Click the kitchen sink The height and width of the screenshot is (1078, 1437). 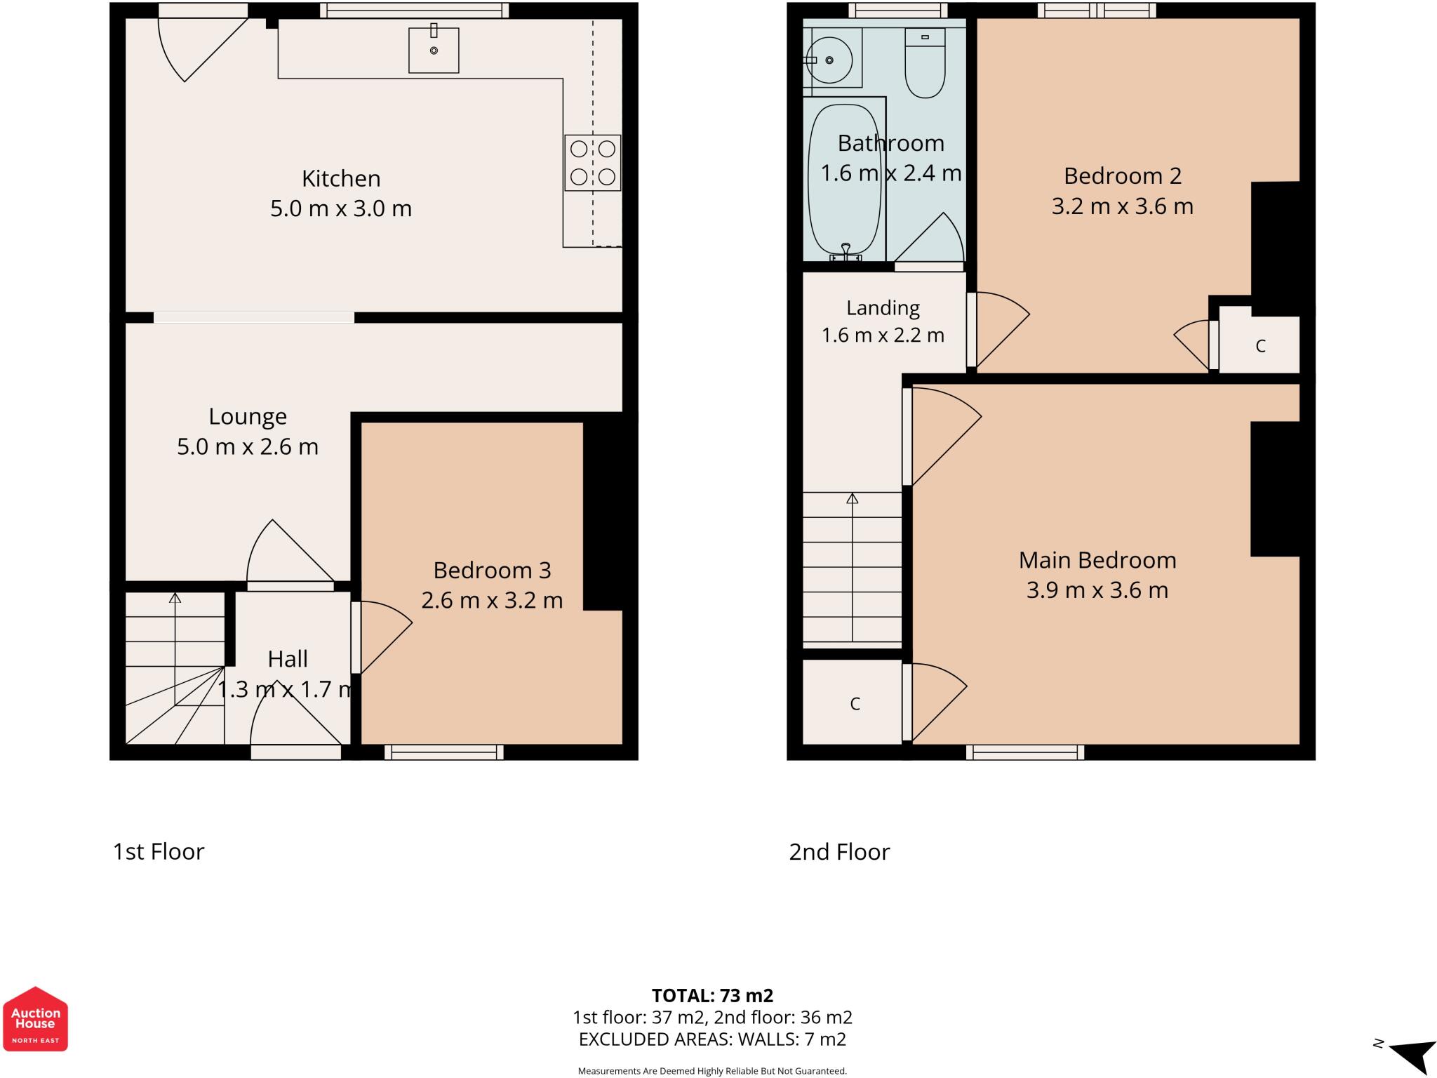tap(434, 50)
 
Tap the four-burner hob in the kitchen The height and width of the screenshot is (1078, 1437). tap(592, 163)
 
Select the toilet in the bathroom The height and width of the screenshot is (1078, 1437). tap(925, 62)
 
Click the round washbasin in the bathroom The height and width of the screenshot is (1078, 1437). tap(829, 60)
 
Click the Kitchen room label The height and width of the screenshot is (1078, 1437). tap(341, 178)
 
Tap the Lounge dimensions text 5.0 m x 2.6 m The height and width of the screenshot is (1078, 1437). tap(248, 446)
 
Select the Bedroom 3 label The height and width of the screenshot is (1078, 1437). tap(492, 570)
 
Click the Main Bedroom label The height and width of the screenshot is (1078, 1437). tap(1097, 560)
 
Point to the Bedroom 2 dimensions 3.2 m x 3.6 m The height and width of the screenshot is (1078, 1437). tap(1123, 206)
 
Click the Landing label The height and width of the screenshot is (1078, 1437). tap(883, 308)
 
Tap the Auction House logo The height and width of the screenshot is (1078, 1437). tap(35, 1018)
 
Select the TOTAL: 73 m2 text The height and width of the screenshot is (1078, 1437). tap(712, 995)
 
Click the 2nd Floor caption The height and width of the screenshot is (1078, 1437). tap(839, 851)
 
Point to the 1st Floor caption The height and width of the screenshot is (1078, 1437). tap(159, 851)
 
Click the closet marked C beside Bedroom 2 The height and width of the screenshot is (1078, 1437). tap(1259, 340)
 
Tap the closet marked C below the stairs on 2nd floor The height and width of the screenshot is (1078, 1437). tap(853, 702)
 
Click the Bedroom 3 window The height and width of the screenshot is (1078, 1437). tap(444, 752)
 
